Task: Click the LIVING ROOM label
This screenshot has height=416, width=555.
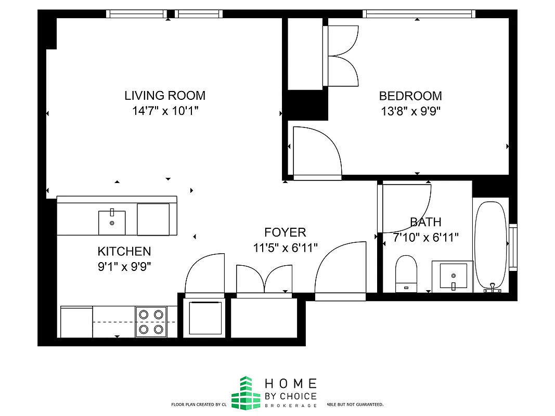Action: [165, 96]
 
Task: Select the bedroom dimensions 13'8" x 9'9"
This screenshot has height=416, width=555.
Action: [410, 111]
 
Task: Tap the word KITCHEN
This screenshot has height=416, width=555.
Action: [124, 252]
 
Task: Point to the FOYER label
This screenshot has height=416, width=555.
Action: [285, 232]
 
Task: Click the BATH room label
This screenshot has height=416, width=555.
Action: [425, 223]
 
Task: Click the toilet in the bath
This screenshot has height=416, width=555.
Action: [406, 273]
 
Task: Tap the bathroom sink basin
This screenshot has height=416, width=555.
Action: [453, 276]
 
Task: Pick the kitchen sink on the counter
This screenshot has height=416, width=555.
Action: [112, 223]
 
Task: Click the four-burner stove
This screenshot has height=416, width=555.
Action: [151, 322]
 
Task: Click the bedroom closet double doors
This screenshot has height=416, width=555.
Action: [341, 56]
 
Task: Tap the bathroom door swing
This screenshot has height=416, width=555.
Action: [405, 208]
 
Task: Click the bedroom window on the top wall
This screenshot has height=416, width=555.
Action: [419, 14]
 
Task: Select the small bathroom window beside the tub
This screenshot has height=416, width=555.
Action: [513, 247]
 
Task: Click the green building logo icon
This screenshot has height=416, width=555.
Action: [246, 393]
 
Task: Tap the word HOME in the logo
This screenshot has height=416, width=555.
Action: [291, 384]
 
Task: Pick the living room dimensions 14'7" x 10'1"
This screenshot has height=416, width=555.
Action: [165, 111]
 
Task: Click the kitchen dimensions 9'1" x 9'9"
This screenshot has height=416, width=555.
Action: [124, 267]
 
